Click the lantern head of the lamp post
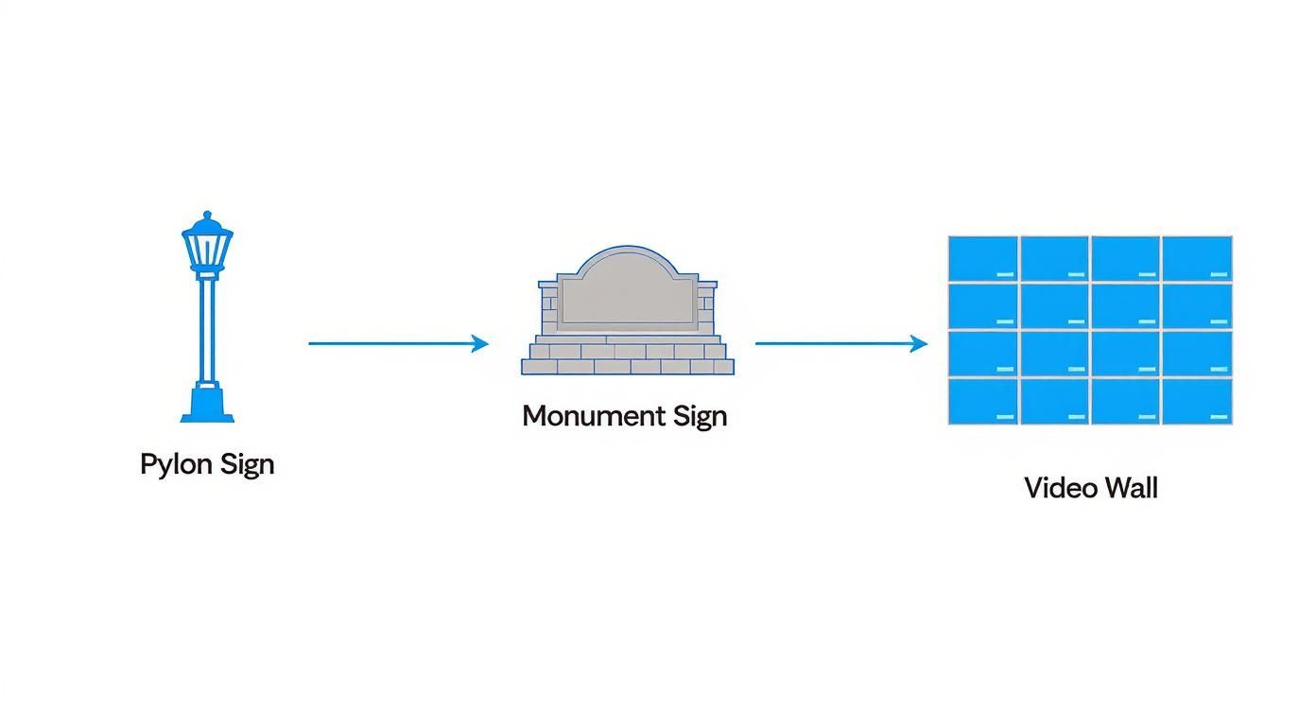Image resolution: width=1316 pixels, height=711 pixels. tap(207, 243)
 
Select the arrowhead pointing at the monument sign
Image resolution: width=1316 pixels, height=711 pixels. tap(480, 343)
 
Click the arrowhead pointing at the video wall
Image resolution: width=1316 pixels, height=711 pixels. tap(919, 343)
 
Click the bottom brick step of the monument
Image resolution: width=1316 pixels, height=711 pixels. tap(628, 366)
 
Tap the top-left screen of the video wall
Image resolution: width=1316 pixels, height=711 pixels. tap(983, 258)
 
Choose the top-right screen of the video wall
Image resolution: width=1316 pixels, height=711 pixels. tap(1197, 258)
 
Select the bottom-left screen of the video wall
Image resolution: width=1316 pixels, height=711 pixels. tap(983, 402)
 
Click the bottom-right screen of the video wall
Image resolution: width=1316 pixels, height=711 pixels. tap(1197, 402)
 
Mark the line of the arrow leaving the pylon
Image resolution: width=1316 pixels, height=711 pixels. tap(388, 343)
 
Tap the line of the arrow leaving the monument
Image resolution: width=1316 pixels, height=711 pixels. tap(832, 343)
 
